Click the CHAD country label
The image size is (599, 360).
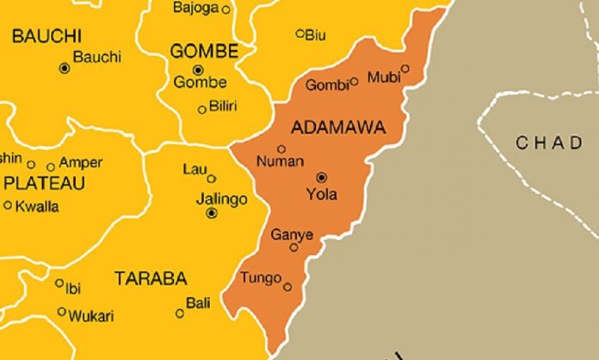549,143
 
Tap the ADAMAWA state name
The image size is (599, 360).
338,128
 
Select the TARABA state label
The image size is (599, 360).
150,278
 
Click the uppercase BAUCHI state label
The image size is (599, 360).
46,36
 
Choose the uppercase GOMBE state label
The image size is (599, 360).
204,51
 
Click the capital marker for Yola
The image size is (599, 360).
322,176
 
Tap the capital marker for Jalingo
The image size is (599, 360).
212,213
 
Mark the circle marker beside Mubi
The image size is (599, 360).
405,69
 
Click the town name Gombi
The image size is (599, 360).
328,84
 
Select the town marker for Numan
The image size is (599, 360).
281,149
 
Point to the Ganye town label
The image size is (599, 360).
292,234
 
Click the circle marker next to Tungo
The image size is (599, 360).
287,287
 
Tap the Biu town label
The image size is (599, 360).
317,34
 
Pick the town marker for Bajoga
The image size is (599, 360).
226,9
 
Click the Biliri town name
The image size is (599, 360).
223,106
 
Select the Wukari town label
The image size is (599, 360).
92,316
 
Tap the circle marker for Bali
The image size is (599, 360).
180,313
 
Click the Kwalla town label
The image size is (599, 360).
36,206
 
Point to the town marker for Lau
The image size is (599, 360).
212,179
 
